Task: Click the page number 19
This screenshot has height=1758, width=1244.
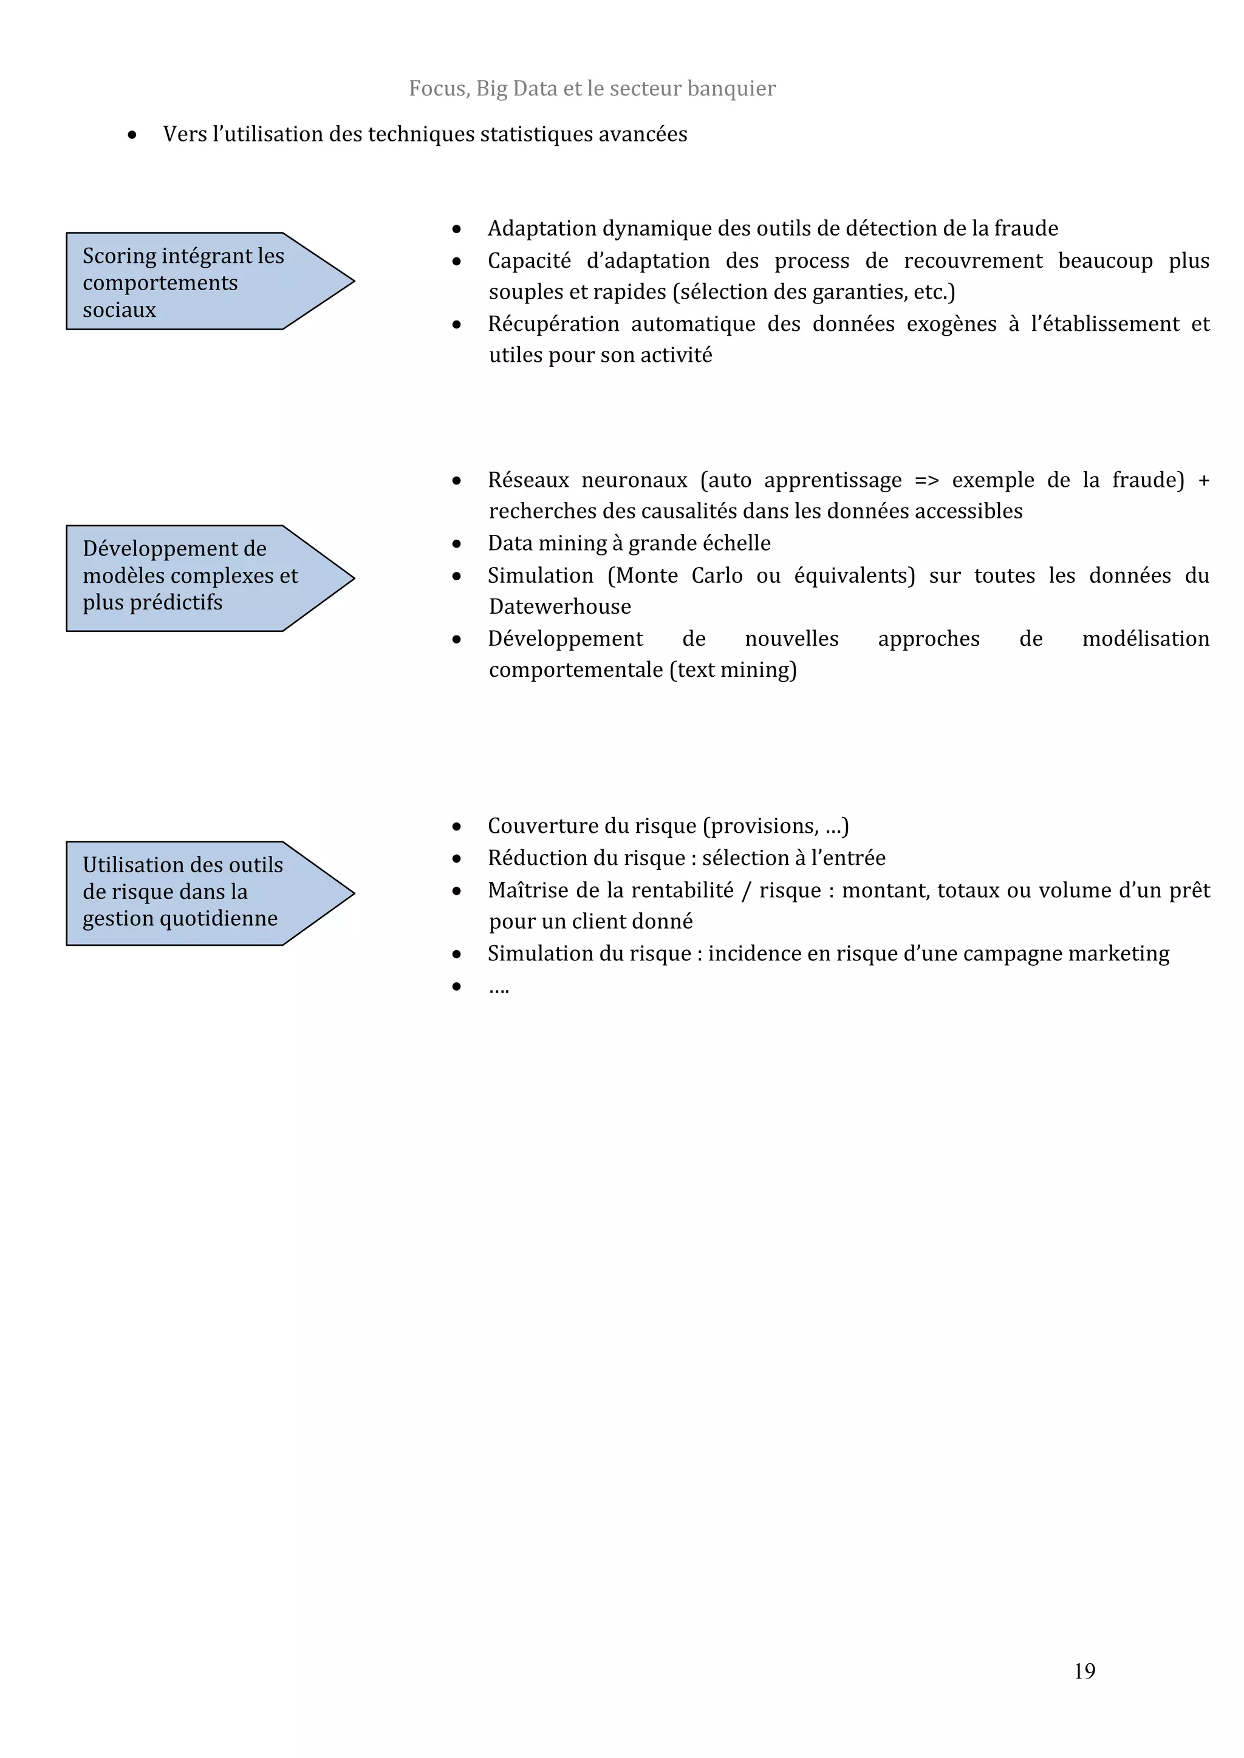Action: click(1084, 1671)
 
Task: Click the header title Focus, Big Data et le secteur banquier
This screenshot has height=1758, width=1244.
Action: click(592, 89)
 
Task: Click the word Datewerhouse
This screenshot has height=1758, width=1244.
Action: click(560, 606)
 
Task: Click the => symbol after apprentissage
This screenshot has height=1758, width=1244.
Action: click(927, 480)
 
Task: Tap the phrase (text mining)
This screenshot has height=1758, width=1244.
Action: click(733, 670)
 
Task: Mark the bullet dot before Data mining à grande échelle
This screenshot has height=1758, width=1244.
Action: click(457, 544)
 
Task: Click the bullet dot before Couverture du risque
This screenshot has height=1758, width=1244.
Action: click(457, 826)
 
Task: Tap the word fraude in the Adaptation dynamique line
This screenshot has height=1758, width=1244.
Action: click(1026, 228)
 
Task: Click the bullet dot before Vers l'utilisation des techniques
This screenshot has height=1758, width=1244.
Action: click(132, 135)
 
